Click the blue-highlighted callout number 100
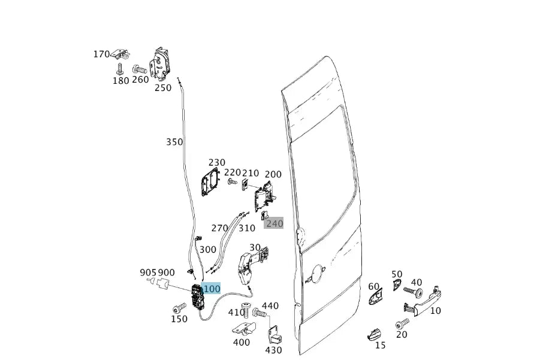212,289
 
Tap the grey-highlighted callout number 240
274,223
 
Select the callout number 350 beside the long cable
174,142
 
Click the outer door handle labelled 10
423,301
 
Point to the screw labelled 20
403,324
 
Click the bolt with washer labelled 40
414,291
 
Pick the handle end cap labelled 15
374,334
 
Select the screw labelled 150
179,308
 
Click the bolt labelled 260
140,69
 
